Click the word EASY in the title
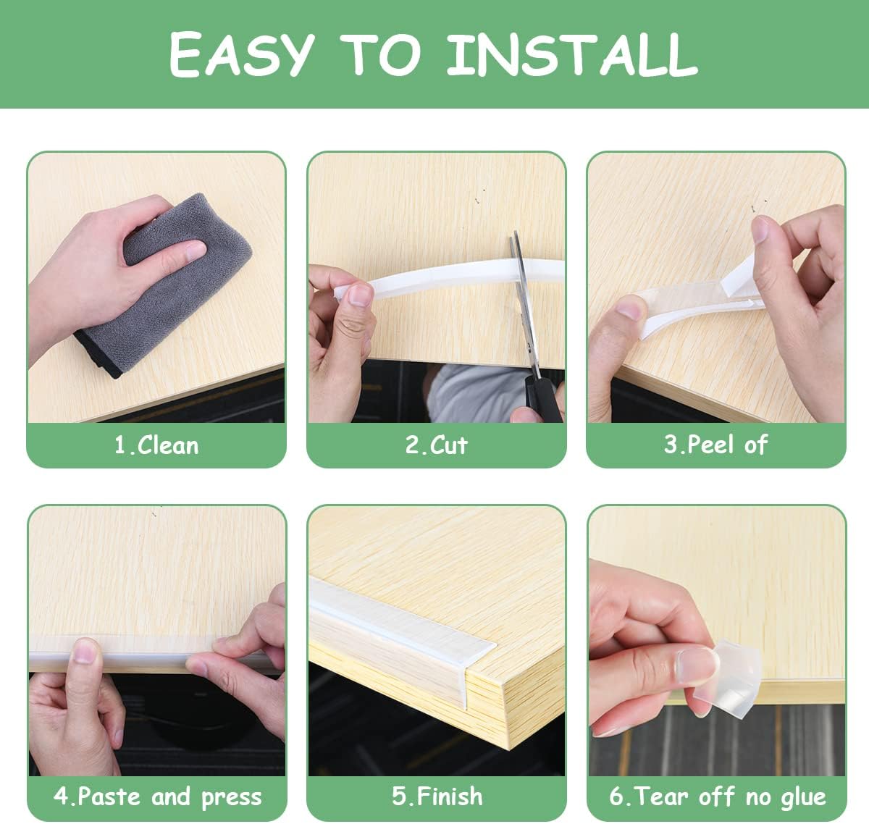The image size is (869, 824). [241, 55]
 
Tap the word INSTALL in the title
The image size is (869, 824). [572, 55]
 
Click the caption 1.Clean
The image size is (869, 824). [156, 445]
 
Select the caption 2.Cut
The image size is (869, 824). [436, 445]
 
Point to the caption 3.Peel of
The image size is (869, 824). [715, 445]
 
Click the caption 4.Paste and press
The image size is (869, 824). [157, 797]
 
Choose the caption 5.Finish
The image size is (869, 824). [437, 796]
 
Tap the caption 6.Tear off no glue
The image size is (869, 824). [717, 797]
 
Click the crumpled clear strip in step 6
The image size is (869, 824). [731, 677]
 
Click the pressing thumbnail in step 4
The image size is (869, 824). [85, 652]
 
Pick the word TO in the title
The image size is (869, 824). [380, 55]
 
